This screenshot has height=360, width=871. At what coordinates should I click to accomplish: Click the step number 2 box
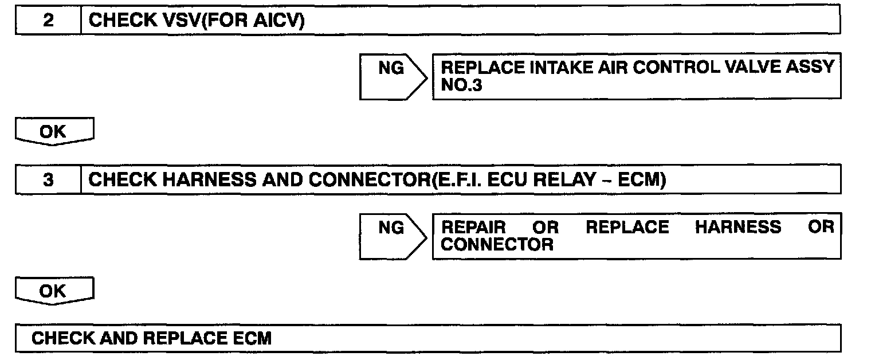click(48, 21)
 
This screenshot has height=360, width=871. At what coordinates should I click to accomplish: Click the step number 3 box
click(48, 180)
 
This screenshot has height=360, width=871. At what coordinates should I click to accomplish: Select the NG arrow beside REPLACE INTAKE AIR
click(393, 69)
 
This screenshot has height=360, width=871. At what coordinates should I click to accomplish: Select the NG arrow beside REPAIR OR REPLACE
click(393, 229)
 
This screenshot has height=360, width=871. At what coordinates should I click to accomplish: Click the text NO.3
click(461, 85)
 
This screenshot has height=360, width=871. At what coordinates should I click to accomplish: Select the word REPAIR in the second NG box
click(473, 228)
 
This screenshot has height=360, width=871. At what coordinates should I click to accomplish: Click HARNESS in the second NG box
click(738, 228)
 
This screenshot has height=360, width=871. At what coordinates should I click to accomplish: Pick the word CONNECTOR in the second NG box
click(497, 245)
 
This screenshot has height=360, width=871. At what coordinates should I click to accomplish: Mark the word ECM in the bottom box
click(252, 338)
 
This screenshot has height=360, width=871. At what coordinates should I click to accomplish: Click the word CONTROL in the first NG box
click(670, 67)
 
